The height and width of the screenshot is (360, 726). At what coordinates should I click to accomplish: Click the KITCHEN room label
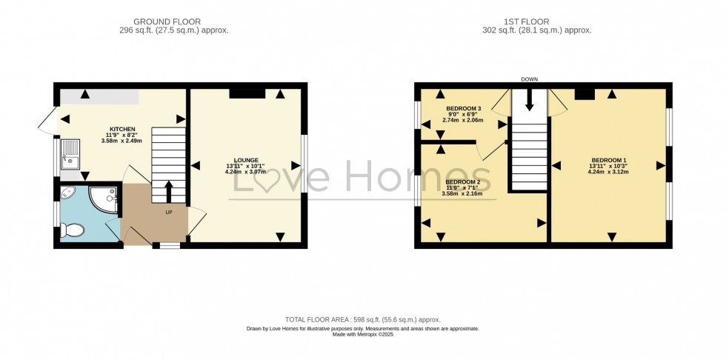click(x=122, y=129)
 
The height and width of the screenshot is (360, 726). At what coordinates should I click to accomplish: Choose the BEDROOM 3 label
click(x=457, y=108)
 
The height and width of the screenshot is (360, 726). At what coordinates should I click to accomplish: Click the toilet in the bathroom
click(x=73, y=230)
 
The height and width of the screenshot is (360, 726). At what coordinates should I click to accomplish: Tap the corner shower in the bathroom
click(x=103, y=199)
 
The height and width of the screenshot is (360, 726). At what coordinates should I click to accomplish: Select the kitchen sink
click(x=70, y=154)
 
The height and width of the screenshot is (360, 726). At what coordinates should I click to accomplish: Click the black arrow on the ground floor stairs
click(x=169, y=191)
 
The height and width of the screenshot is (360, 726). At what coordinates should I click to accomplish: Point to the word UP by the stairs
click(x=169, y=213)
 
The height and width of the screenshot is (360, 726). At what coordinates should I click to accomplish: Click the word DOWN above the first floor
click(x=530, y=79)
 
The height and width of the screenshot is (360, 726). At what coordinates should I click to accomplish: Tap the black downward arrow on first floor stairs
click(x=529, y=99)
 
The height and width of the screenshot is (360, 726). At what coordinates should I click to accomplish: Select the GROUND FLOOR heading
click(x=167, y=21)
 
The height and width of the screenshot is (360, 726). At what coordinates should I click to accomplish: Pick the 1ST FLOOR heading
click(x=527, y=21)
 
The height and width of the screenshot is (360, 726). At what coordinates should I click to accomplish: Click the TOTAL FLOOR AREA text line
click(x=362, y=320)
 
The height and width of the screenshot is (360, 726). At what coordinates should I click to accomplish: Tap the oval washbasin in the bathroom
click(x=68, y=192)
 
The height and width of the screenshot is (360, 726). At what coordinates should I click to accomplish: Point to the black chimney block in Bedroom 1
click(x=585, y=94)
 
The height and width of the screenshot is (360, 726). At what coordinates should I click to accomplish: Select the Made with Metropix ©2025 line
click(x=363, y=333)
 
